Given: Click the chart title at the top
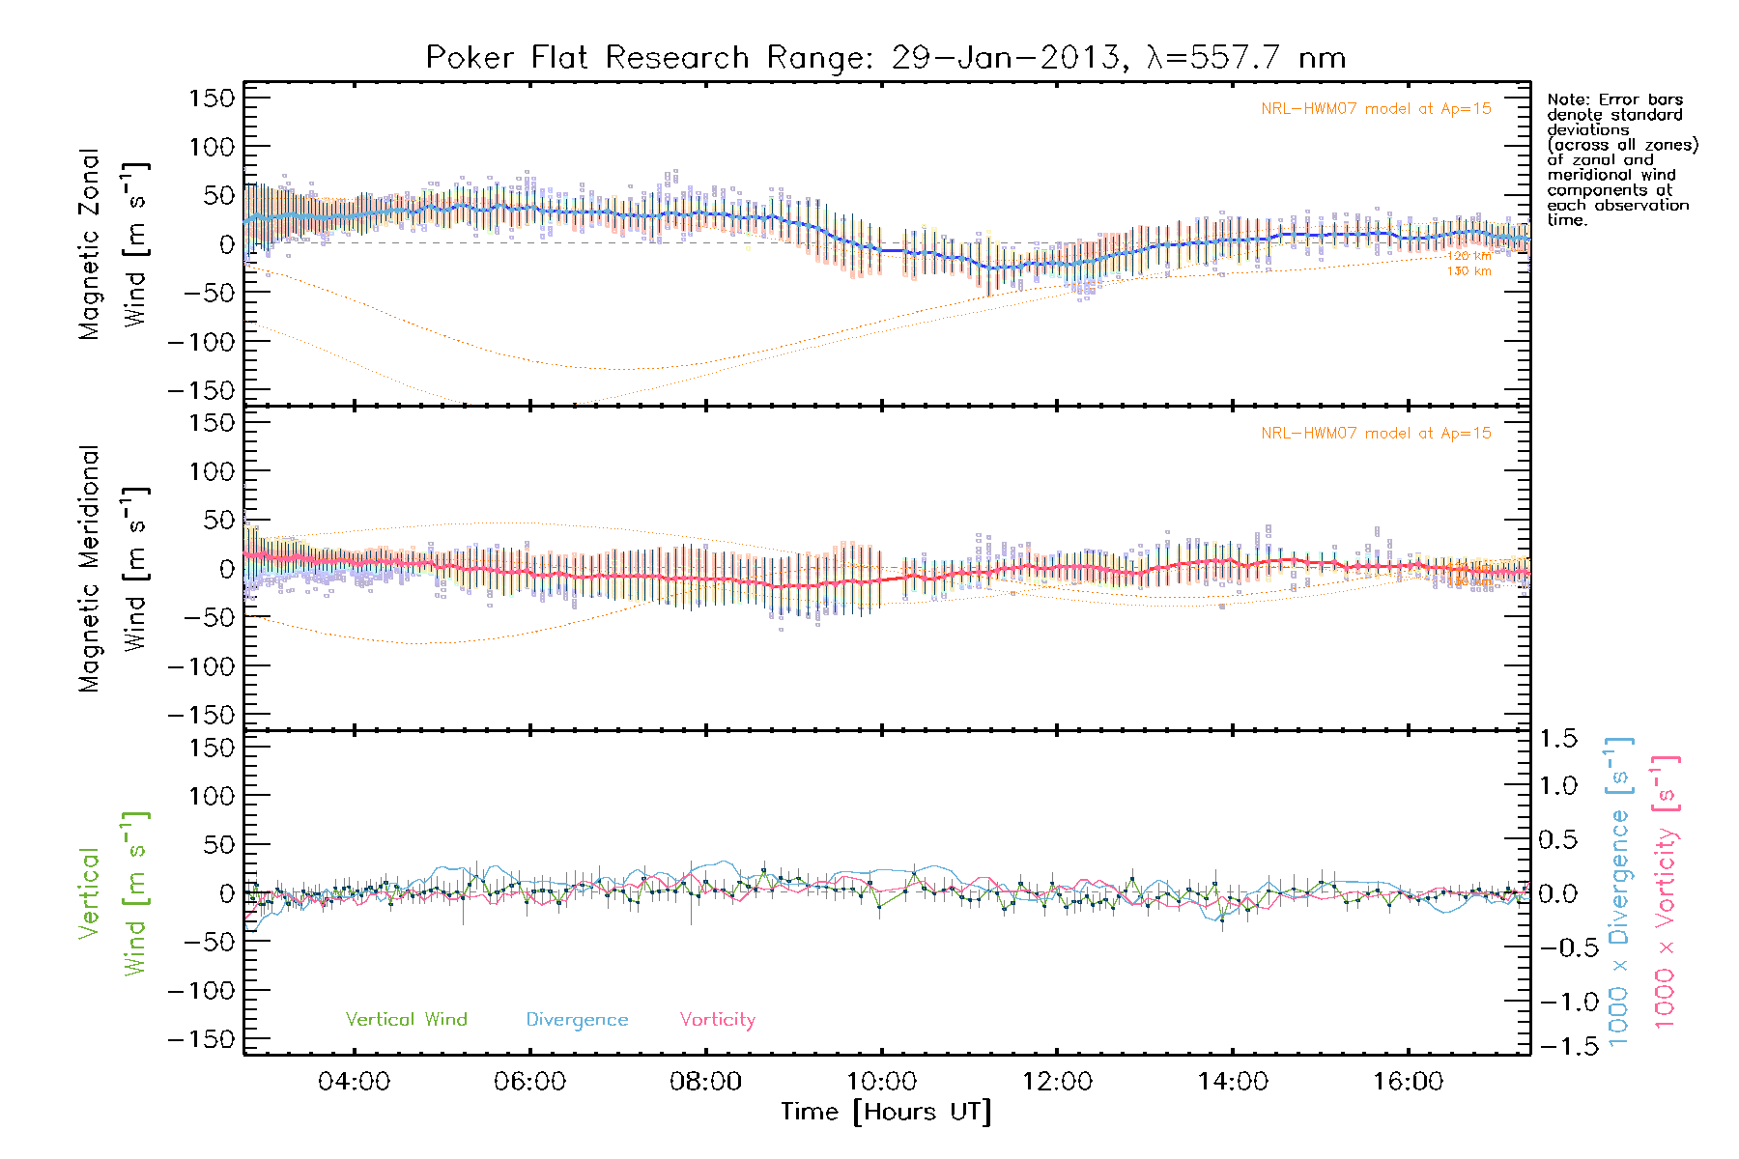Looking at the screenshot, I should point(885,58).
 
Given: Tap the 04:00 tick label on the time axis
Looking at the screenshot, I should point(354,1082).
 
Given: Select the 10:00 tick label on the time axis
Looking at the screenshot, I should point(881,1082).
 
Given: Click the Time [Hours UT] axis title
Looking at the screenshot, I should point(886,1113).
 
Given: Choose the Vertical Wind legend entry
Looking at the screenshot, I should point(406,1020).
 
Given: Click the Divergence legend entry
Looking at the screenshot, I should point(577,1020).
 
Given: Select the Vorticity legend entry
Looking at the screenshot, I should point(717,1020).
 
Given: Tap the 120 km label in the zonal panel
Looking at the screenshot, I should point(1468,256).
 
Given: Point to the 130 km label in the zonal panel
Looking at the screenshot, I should point(1468,271).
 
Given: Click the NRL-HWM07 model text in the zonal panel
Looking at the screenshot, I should point(1376,109).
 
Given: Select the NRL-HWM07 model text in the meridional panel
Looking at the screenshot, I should point(1376,434).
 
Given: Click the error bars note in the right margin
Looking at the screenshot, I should point(1621,159).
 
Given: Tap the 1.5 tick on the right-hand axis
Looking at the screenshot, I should point(1557,739).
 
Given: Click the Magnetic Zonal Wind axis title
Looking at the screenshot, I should point(113,244).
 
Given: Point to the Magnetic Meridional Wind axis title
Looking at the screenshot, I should point(113,569).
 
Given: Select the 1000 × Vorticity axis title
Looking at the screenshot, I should point(1666,892).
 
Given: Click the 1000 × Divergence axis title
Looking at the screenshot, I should point(1619,892).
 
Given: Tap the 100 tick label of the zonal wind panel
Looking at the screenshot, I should point(213,147).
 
